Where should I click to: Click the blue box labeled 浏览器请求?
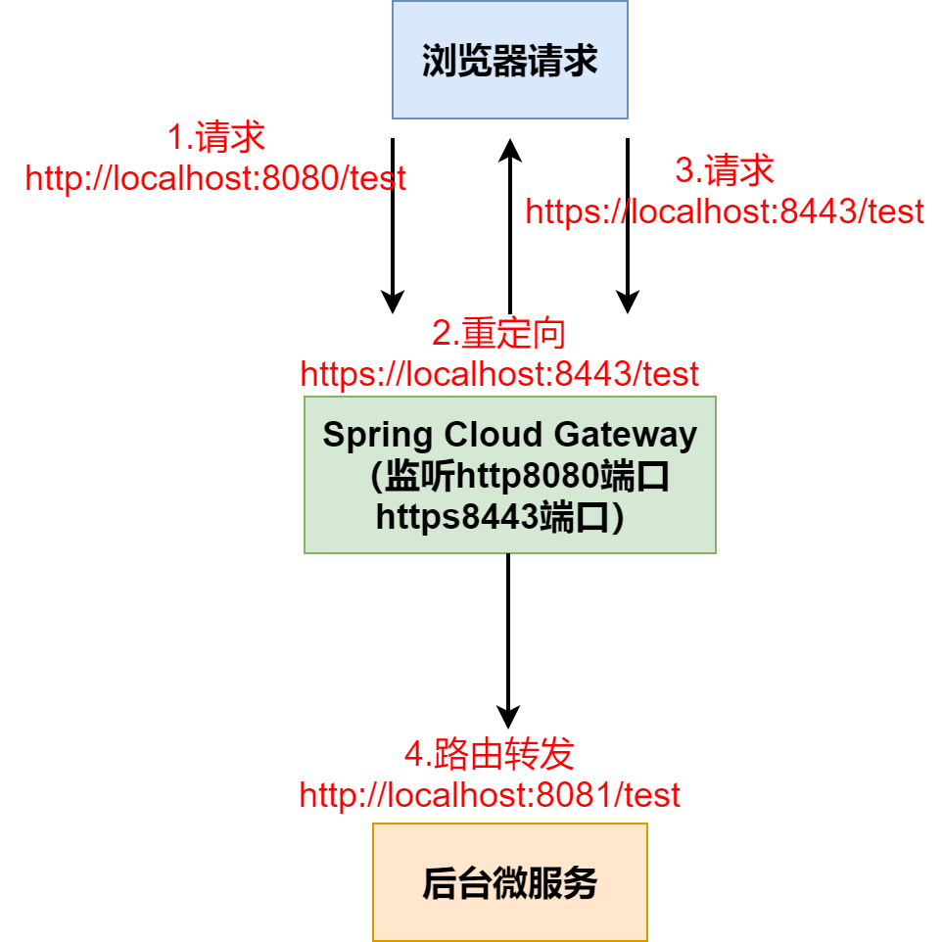pos(509,60)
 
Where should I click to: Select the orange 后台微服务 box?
pos(509,882)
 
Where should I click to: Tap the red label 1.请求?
pos(215,138)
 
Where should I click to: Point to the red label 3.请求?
pos(725,171)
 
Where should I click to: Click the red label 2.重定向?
pos(499,334)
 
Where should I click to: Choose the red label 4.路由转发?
pos(490,755)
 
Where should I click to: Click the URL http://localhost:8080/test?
pos(215,178)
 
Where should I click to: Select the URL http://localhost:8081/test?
pos(490,795)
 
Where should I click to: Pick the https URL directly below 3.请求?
pos(725,212)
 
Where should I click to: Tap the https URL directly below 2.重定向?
pos(499,374)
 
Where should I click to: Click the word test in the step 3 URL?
pos(896,212)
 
